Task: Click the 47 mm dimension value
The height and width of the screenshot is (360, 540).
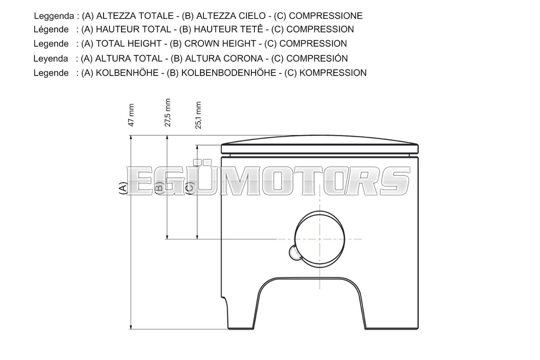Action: pyautogui.click(x=131, y=115)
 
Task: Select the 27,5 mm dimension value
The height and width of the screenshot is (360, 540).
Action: pyautogui.click(x=167, y=113)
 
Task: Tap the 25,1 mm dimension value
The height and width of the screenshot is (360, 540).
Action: pyautogui.click(x=198, y=115)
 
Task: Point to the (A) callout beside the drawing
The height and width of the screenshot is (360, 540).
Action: pyautogui.click(x=123, y=188)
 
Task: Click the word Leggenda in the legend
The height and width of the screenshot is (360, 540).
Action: pyautogui.click(x=54, y=16)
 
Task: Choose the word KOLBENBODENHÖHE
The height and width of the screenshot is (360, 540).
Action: pyautogui.click(x=228, y=73)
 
